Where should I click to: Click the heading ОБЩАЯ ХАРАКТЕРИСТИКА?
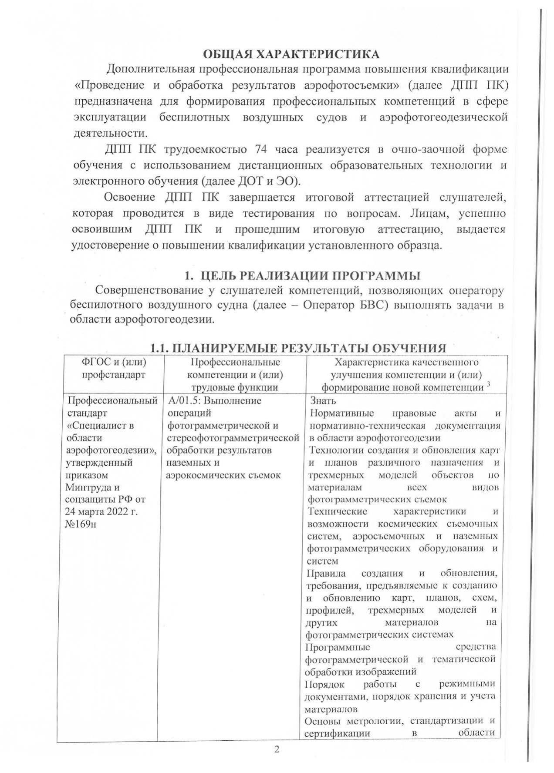291,54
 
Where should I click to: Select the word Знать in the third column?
322,400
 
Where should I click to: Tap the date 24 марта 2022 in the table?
101,511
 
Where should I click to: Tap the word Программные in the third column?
338,646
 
